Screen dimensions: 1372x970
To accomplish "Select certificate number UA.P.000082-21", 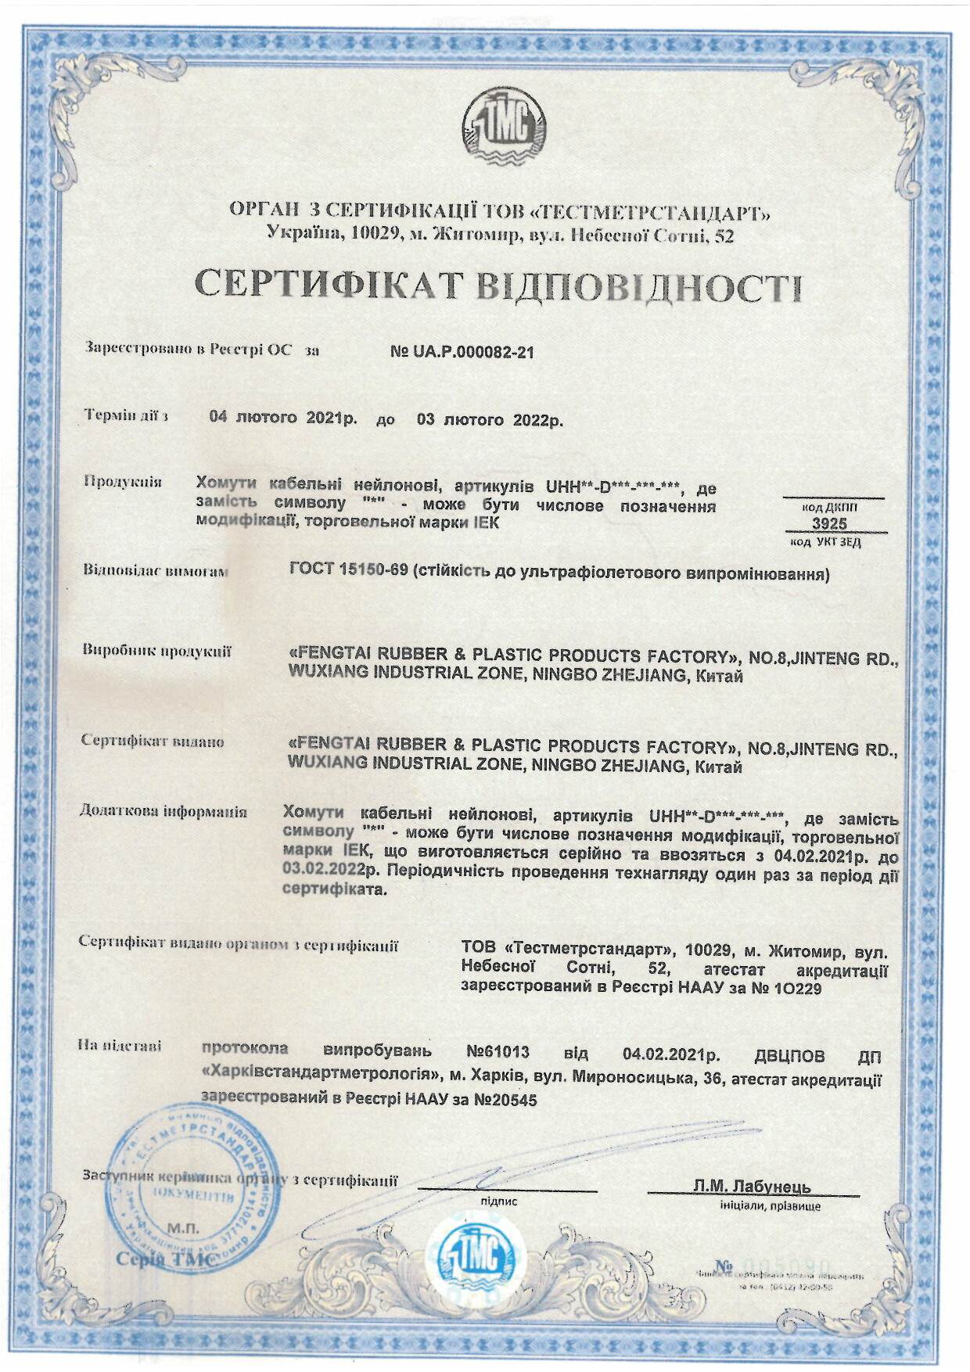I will pos(462,352).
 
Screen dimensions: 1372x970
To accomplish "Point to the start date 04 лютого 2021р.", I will pos(282,418).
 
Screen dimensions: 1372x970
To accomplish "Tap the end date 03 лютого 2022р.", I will pos(490,419).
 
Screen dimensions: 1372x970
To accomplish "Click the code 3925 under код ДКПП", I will pos(829,524).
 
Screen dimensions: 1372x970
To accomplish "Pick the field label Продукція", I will pos(123,482).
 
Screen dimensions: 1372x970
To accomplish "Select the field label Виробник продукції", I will pos(157,651).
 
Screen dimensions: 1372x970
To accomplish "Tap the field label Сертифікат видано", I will pos(153,741).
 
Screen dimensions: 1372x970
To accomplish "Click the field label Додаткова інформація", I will pos(163,811).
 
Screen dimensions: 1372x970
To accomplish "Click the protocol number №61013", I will pos(498,1051).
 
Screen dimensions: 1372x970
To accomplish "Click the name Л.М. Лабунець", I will pos(752,1187).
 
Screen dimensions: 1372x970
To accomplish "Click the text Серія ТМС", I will pos(165,1259).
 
